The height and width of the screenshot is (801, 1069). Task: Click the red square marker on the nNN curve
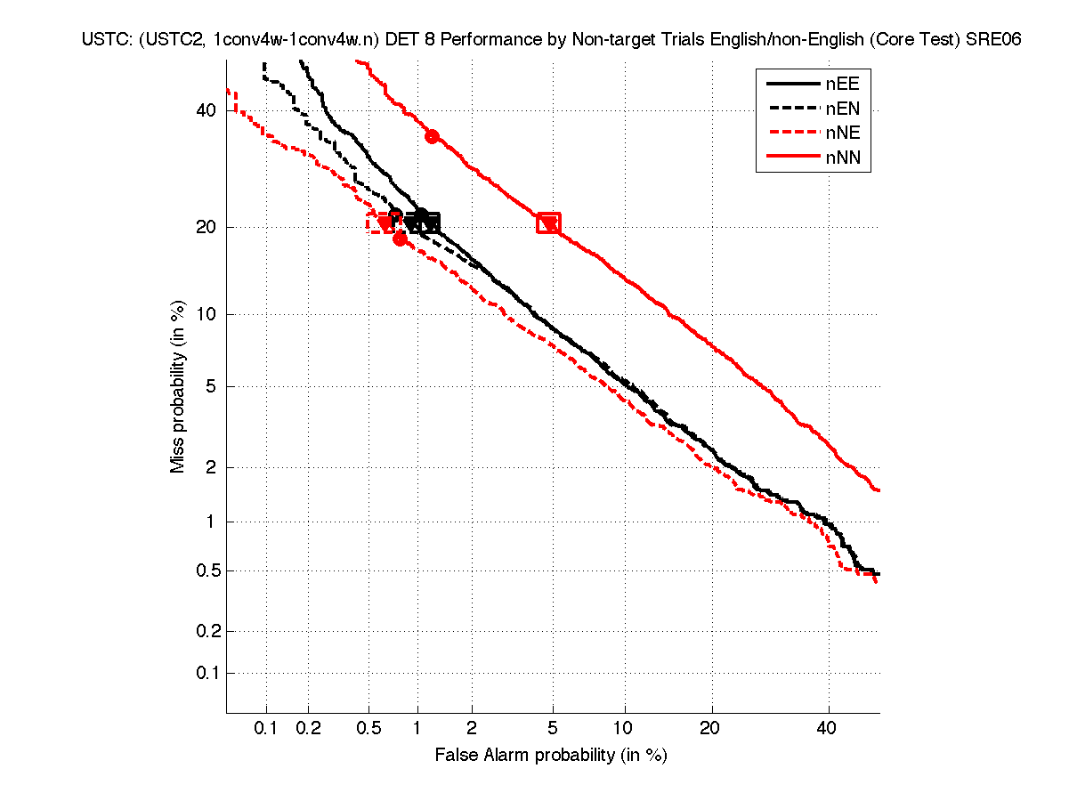pos(549,222)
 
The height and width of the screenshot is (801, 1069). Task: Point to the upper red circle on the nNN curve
pos(433,136)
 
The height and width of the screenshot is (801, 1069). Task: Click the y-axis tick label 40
pos(207,110)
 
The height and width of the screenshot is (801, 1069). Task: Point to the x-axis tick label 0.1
pos(266,729)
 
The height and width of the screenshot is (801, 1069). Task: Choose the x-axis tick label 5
pos(553,729)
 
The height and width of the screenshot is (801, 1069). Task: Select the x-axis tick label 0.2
pos(308,729)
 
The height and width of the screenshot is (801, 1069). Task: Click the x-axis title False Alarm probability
pos(551,756)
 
